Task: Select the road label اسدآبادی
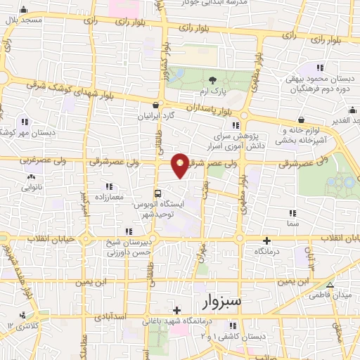[x=108, y=318]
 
